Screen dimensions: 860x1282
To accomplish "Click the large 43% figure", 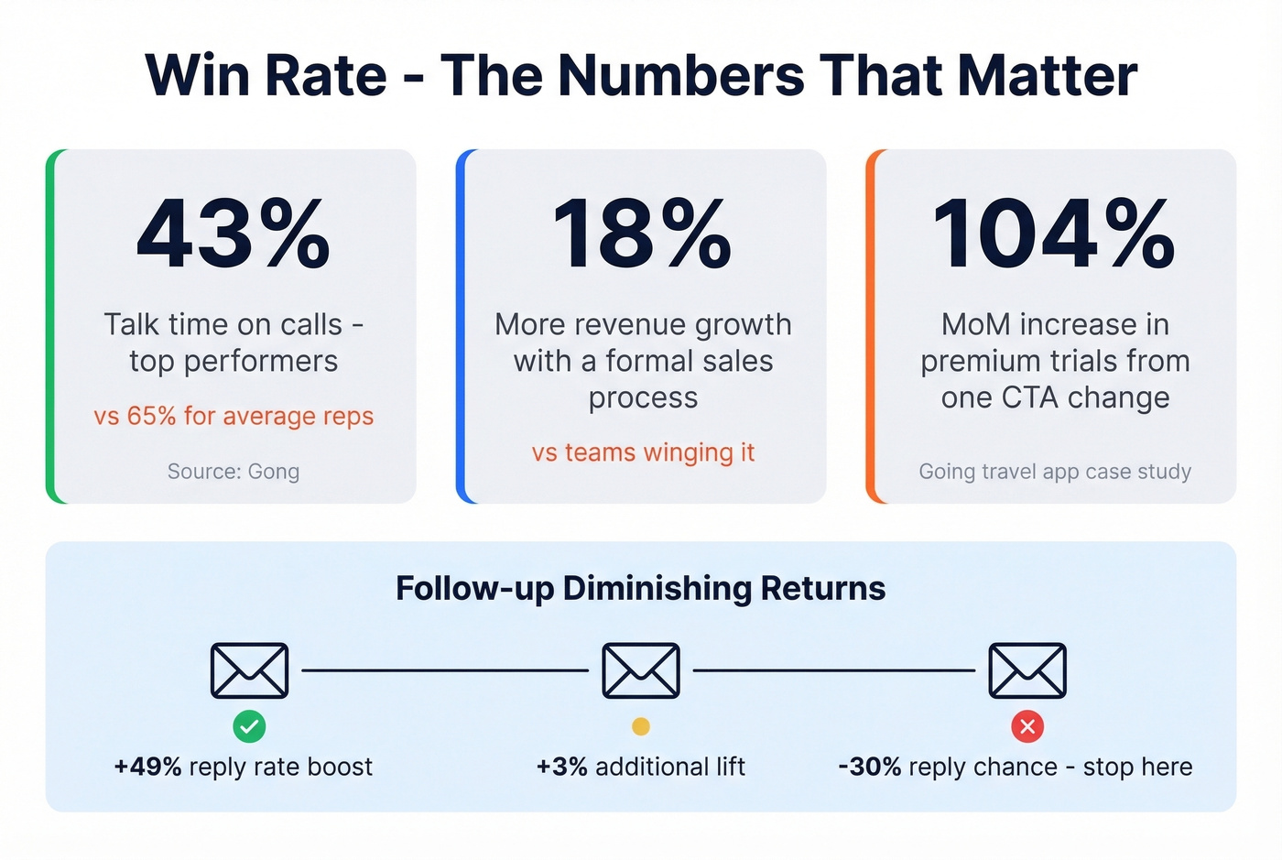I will pyautogui.click(x=234, y=235).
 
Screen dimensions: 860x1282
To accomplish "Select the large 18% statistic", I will pyautogui.click(x=643, y=235).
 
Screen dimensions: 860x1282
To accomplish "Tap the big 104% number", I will pyautogui.click(x=1054, y=235).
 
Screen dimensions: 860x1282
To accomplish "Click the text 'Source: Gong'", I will pyautogui.click(x=234, y=472).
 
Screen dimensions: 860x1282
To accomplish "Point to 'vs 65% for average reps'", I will pyautogui.click(x=234, y=416).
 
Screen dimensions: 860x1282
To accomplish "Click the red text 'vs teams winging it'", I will pyautogui.click(x=643, y=452).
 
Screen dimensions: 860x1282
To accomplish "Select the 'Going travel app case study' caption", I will pyautogui.click(x=1055, y=472).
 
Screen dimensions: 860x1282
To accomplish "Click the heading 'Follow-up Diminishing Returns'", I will pyautogui.click(x=640, y=588).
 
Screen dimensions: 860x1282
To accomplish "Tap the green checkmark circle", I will pyautogui.click(x=249, y=726).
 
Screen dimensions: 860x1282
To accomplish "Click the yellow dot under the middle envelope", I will pyautogui.click(x=641, y=726).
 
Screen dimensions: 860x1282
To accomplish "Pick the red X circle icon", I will pyautogui.click(x=1027, y=726).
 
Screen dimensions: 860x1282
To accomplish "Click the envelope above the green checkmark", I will pyautogui.click(x=249, y=670).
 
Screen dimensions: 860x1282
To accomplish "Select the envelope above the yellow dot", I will pyautogui.click(x=641, y=670).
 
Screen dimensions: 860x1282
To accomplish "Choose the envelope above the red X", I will pyautogui.click(x=1027, y=670).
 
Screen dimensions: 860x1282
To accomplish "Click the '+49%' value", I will pyautogui.click(x=147, y=767).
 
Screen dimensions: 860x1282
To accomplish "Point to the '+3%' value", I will pyautogui.click(x=561, y=767).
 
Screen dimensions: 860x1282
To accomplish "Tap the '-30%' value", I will pyautogui.click(x=870, y=767).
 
